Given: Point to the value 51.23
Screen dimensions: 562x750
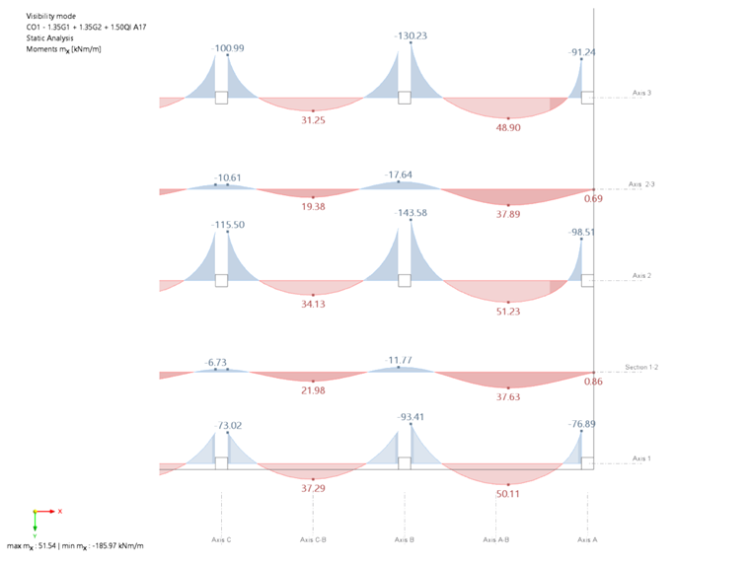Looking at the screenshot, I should click(x=508, y=311).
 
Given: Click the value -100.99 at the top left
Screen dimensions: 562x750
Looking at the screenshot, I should click(x=228, y=47).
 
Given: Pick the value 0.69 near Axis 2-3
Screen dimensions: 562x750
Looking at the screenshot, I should click(x=594, y=199).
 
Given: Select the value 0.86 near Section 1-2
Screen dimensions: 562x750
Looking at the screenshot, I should click(x=594, y=381).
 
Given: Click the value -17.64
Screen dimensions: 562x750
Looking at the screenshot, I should click(x=399, y=176).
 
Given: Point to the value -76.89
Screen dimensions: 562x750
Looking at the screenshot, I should click(x=582, y=424).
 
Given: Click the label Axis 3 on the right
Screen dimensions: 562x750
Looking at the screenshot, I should click(x=641, y=93).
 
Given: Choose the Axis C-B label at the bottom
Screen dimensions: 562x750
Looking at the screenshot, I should click(x=313, y=540).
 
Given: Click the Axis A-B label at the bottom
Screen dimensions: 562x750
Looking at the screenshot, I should click(x=495, y=540).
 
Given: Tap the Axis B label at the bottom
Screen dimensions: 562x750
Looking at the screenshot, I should click(x=404, y=540).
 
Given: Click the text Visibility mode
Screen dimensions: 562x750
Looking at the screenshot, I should click(x=50, y=17).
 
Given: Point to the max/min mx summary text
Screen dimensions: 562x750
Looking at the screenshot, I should click(x=76, y=545).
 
